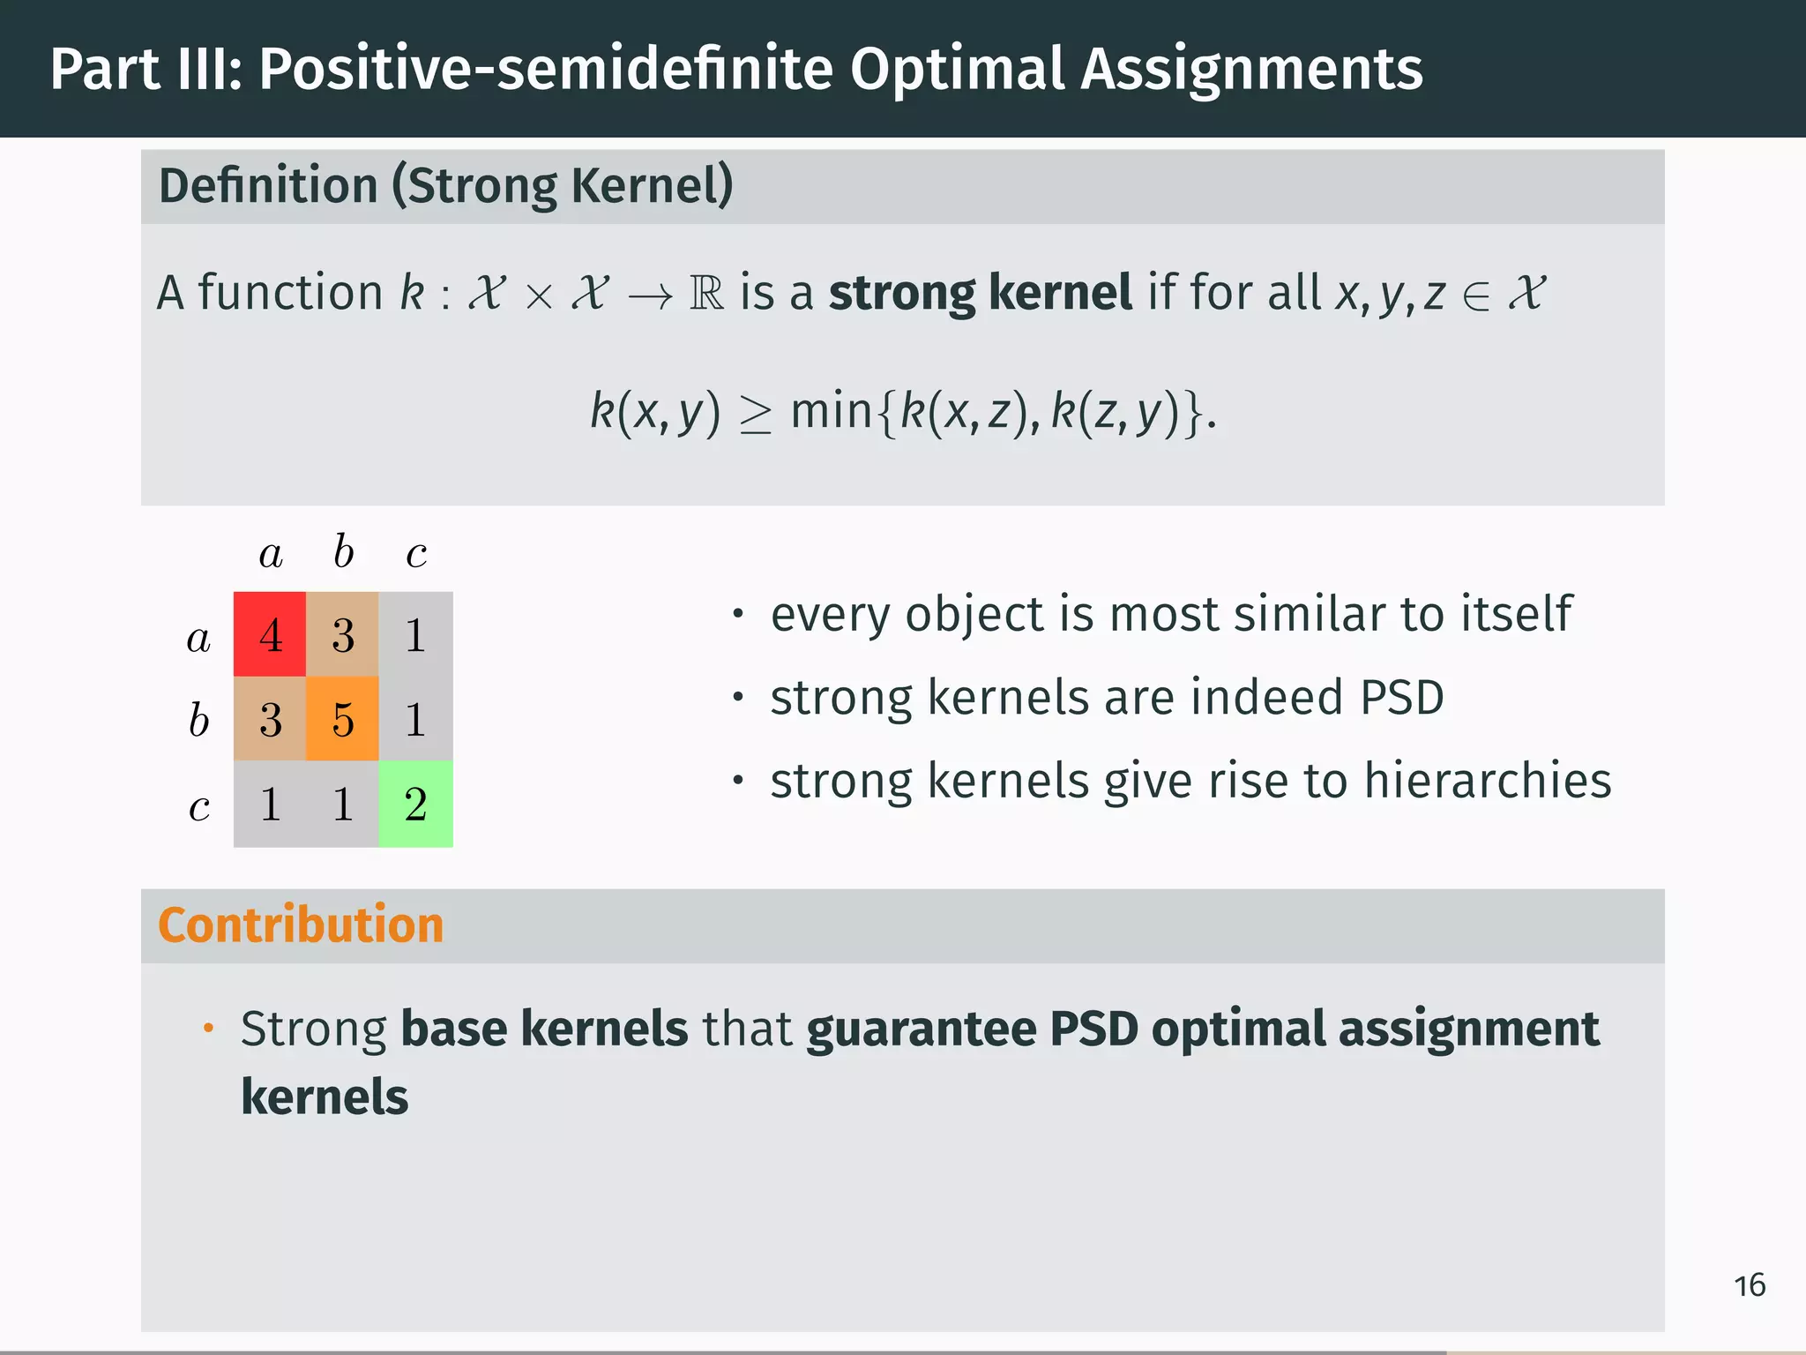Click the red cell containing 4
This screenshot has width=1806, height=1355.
click(270, 634)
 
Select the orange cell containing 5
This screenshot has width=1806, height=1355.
click(342, 719)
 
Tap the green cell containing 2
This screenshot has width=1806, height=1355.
click(415, 804)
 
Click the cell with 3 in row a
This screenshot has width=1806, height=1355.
click(342, 634)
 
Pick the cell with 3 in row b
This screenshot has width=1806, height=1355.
click(270, 719)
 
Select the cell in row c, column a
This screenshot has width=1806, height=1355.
click(270, 804)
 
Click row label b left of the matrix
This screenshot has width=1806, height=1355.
click(198, 720)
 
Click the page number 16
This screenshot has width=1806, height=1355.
click(1750, 1285)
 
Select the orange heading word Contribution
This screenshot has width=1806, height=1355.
click(301, 925)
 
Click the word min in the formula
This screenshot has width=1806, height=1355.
click(832, 411)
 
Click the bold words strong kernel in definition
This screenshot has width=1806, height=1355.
click(980, 293)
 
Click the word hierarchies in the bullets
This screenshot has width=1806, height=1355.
click(1488, 781)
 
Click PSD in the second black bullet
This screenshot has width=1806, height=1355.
click(1402, 698)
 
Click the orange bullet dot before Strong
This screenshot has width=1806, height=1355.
click(208, 1029)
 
